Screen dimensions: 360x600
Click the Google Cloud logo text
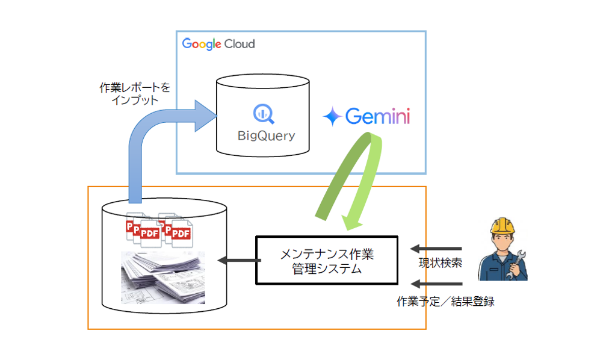[218, 44]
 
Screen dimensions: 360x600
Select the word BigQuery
[265, 136]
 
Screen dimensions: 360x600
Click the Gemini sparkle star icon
[332, 117]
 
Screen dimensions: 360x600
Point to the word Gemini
[377, 116]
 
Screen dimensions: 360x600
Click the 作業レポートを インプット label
[135, 94]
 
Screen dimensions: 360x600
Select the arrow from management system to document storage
[238, 261]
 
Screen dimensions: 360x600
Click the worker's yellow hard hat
[503, 225]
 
